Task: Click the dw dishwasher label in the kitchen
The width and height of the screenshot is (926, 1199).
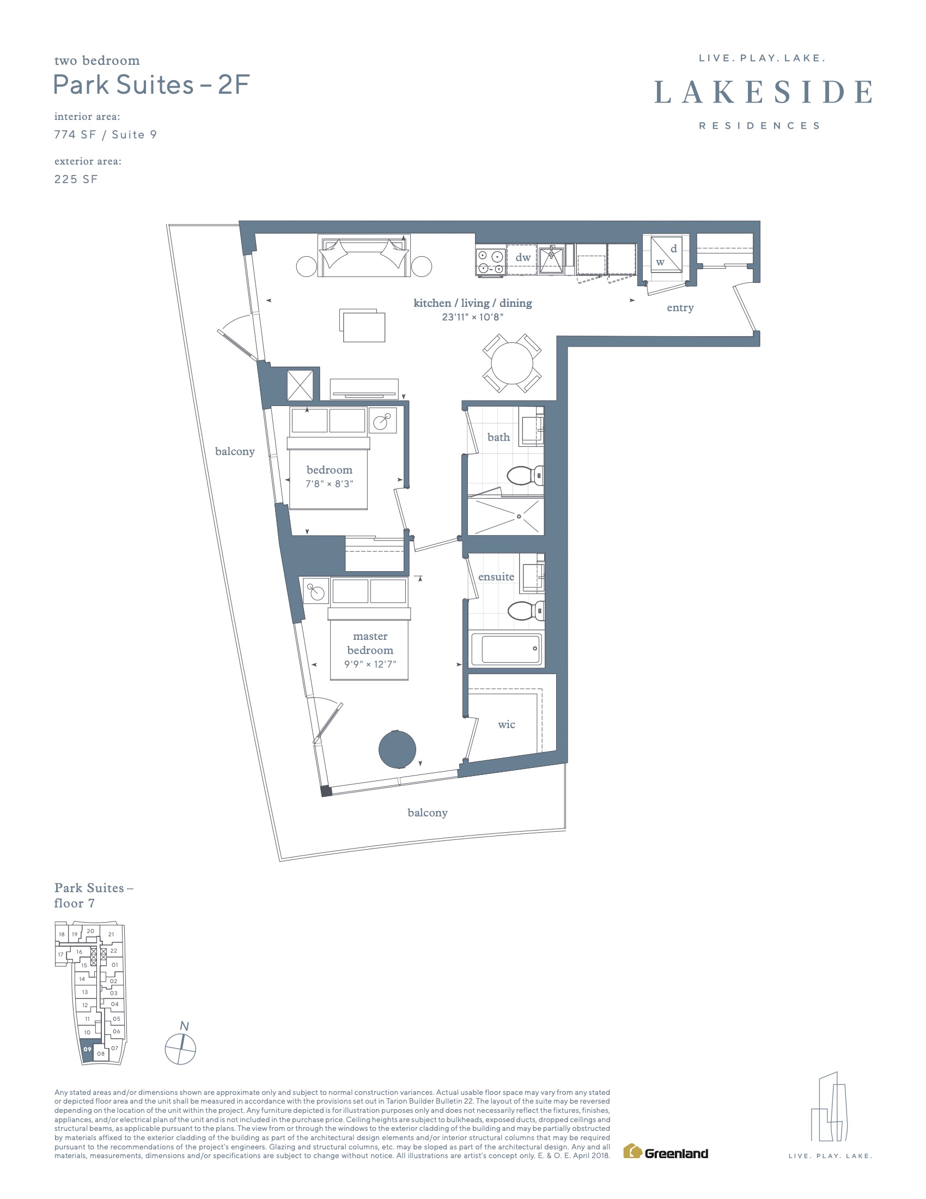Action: [523, 257]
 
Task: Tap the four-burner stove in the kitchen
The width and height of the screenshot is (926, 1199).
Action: [490, 261]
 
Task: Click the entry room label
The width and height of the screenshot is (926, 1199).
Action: [680, 307]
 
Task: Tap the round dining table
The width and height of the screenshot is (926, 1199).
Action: [512, 363]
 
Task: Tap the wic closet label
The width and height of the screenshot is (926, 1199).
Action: [507, 724]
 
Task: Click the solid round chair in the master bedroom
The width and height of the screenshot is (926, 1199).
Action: [397, 749]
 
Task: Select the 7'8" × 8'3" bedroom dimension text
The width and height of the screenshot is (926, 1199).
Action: [329, 483]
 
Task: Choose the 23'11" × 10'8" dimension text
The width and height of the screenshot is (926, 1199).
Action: [472, 317]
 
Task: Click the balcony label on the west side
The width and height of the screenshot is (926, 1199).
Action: [235, 451]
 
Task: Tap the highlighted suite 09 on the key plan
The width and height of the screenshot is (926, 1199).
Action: [87, 1049]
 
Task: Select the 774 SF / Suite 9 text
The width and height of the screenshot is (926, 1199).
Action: [105, 135]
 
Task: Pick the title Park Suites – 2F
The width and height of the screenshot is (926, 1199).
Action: [151, 84]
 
